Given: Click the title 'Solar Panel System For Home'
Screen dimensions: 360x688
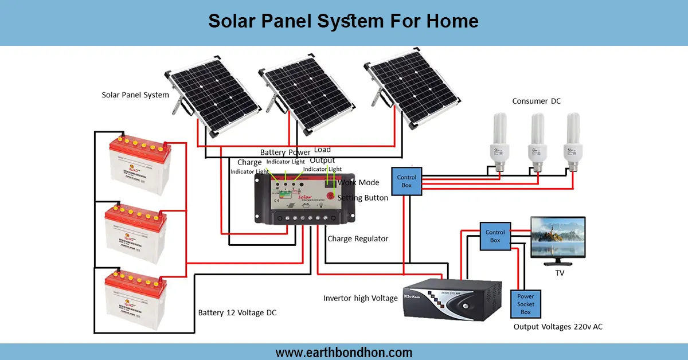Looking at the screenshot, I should click(x=343, y=21).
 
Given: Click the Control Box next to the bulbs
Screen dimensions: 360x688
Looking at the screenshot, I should click(x=406, y=182).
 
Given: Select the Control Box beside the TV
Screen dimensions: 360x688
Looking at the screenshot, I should click(x=495, y=236).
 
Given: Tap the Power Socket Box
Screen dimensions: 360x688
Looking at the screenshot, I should click(x=526, y=304).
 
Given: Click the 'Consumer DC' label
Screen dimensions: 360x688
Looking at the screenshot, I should click(x=536, y=101).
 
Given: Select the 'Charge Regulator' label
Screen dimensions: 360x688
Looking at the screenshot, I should click(x=357, y=238).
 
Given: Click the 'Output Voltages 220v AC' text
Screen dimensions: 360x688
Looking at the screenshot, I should click(x=558, y=327).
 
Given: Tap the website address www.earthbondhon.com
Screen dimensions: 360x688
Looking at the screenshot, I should click(x=343, y=352).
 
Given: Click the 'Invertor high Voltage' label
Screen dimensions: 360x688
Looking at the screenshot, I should click(x=360, y=298).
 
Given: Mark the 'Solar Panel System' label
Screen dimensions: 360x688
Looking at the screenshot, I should click(x=135, y=95).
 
